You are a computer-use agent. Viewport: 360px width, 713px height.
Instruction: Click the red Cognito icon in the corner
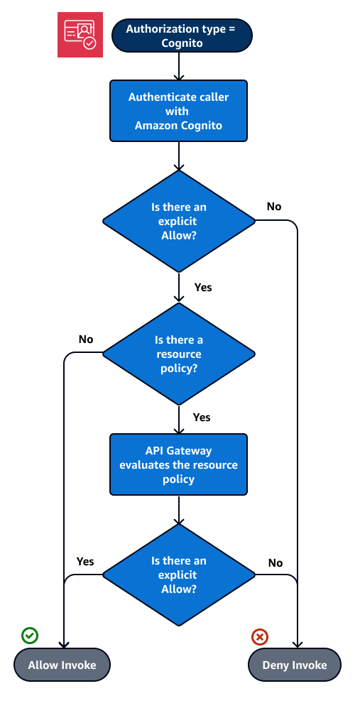80,35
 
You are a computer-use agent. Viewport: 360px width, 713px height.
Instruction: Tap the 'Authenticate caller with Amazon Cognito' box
178,110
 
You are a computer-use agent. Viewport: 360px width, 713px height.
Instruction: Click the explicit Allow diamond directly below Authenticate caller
178,220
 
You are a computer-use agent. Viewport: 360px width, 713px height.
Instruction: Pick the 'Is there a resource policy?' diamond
178,353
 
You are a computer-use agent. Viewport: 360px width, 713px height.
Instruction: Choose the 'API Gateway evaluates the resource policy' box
178,464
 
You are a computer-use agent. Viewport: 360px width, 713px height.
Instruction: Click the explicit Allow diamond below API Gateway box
178,575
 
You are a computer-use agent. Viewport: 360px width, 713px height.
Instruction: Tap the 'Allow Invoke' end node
62,665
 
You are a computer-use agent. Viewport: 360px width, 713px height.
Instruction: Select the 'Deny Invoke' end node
295,665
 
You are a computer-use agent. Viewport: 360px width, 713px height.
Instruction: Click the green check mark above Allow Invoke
30,636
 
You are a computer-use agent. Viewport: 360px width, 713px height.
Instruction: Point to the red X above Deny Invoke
260,636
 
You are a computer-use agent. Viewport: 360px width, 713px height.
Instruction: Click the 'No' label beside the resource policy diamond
86,339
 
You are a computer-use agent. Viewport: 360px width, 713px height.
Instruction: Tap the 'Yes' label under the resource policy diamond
202,417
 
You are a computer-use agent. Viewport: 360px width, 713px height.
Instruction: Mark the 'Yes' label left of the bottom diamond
85,562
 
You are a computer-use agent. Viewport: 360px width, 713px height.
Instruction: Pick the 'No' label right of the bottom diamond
276,562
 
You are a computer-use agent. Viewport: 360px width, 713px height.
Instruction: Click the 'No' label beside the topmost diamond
273,207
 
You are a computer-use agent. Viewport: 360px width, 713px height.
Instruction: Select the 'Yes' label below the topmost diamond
202,288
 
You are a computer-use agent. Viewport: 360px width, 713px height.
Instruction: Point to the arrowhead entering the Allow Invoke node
64,644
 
